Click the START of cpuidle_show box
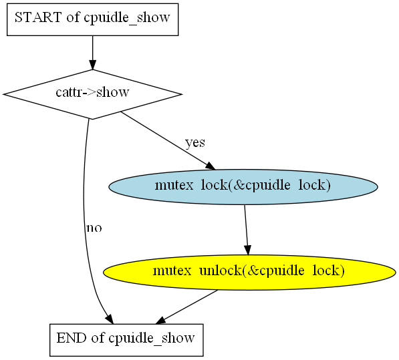[x=93, y=19]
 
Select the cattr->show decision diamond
[x=93, y=94]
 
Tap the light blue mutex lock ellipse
[x=243, y=187]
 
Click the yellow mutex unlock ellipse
[x=249, y=273]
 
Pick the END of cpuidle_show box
[x=126, y=340]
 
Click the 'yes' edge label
[x=195, y=143]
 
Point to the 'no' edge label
[x=94, y=228]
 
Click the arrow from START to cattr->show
[x=93, y=52]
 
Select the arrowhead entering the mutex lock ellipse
[x=211, y=166]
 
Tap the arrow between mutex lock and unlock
[x=247, y=230]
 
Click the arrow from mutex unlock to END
[x=186, y=307]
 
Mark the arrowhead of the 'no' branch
[x=110, y=319]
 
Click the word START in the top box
[x=38, y=17]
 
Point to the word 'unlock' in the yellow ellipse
[x=220, y=271]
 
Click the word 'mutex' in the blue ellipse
[x=174, y=185]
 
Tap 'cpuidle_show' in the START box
[x=127, y=18]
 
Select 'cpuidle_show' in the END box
[x=152, y=339]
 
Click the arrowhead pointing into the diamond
[x=93, y=65]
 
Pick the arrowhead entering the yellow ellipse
[x=248, y=250]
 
